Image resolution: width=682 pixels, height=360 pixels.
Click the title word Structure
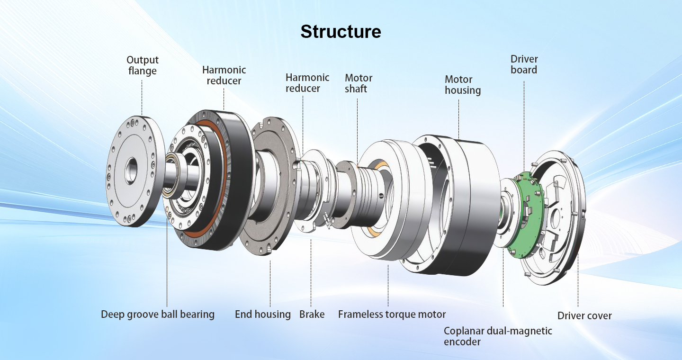(x=341, y=32)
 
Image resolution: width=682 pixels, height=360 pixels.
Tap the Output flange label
(x=143, y=66)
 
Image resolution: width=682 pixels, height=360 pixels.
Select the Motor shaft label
(x=358, y=83)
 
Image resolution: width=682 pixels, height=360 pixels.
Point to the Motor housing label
(x=463, y=85)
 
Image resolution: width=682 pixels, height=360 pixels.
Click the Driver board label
(x=524, y=64)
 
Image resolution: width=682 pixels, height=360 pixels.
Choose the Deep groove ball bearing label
(x=158, y=314)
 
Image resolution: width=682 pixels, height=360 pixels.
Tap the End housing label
(x=263, y=314)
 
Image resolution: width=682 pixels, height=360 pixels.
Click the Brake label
(x=312, y=314)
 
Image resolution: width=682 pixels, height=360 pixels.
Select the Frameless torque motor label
(x=392, y=314)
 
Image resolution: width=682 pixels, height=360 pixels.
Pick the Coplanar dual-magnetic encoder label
(x=497, y=336)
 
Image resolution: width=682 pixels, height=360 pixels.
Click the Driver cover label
(x=584, y=315)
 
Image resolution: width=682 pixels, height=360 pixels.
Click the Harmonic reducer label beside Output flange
(x=224, y=75)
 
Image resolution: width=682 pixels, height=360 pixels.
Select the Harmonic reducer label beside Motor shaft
(x=307, y=83)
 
